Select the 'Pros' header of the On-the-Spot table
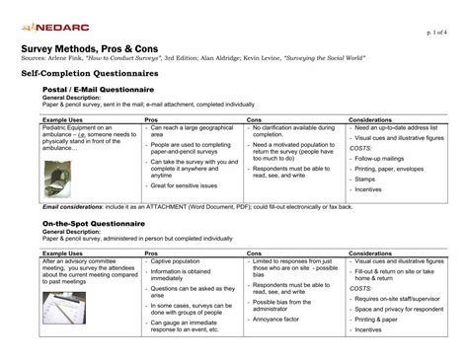[x=152, y=252]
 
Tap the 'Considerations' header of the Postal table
[x=370, y=119]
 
